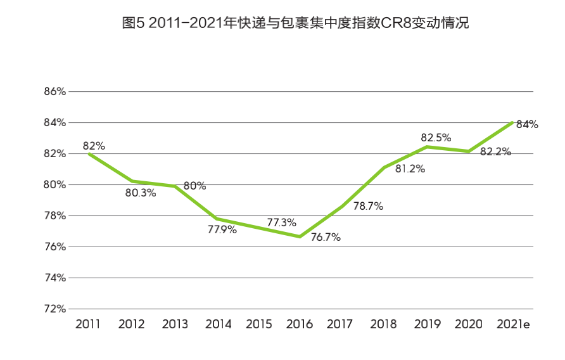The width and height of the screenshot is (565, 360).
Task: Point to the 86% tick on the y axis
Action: click(55, 91)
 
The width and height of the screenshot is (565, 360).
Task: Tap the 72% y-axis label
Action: click(55, 309)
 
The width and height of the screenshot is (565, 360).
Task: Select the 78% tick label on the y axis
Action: click(55, 215)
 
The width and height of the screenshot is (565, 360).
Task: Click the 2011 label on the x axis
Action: click(88, 325)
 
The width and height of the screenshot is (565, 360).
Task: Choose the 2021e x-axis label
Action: click(513, 325)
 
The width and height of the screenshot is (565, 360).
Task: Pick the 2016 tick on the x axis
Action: click(300, 325)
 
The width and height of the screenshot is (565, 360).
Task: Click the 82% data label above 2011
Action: click(94, 146)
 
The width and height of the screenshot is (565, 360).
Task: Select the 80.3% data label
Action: click(140, 193)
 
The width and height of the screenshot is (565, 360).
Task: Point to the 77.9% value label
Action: click(222, 229)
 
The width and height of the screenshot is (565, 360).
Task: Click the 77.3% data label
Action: click(282, 223)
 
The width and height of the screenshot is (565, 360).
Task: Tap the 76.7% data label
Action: click(326, 238)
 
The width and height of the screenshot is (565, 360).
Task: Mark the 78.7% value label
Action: click(368, 206)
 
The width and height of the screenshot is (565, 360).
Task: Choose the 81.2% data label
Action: click(410, 169)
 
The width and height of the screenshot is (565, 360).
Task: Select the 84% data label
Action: click(527, 124)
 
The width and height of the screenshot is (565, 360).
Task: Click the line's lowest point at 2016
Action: click(300, 236)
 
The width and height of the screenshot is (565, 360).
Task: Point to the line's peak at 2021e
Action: click(512, 122)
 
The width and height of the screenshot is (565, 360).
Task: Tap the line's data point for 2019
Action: click(427, 147)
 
